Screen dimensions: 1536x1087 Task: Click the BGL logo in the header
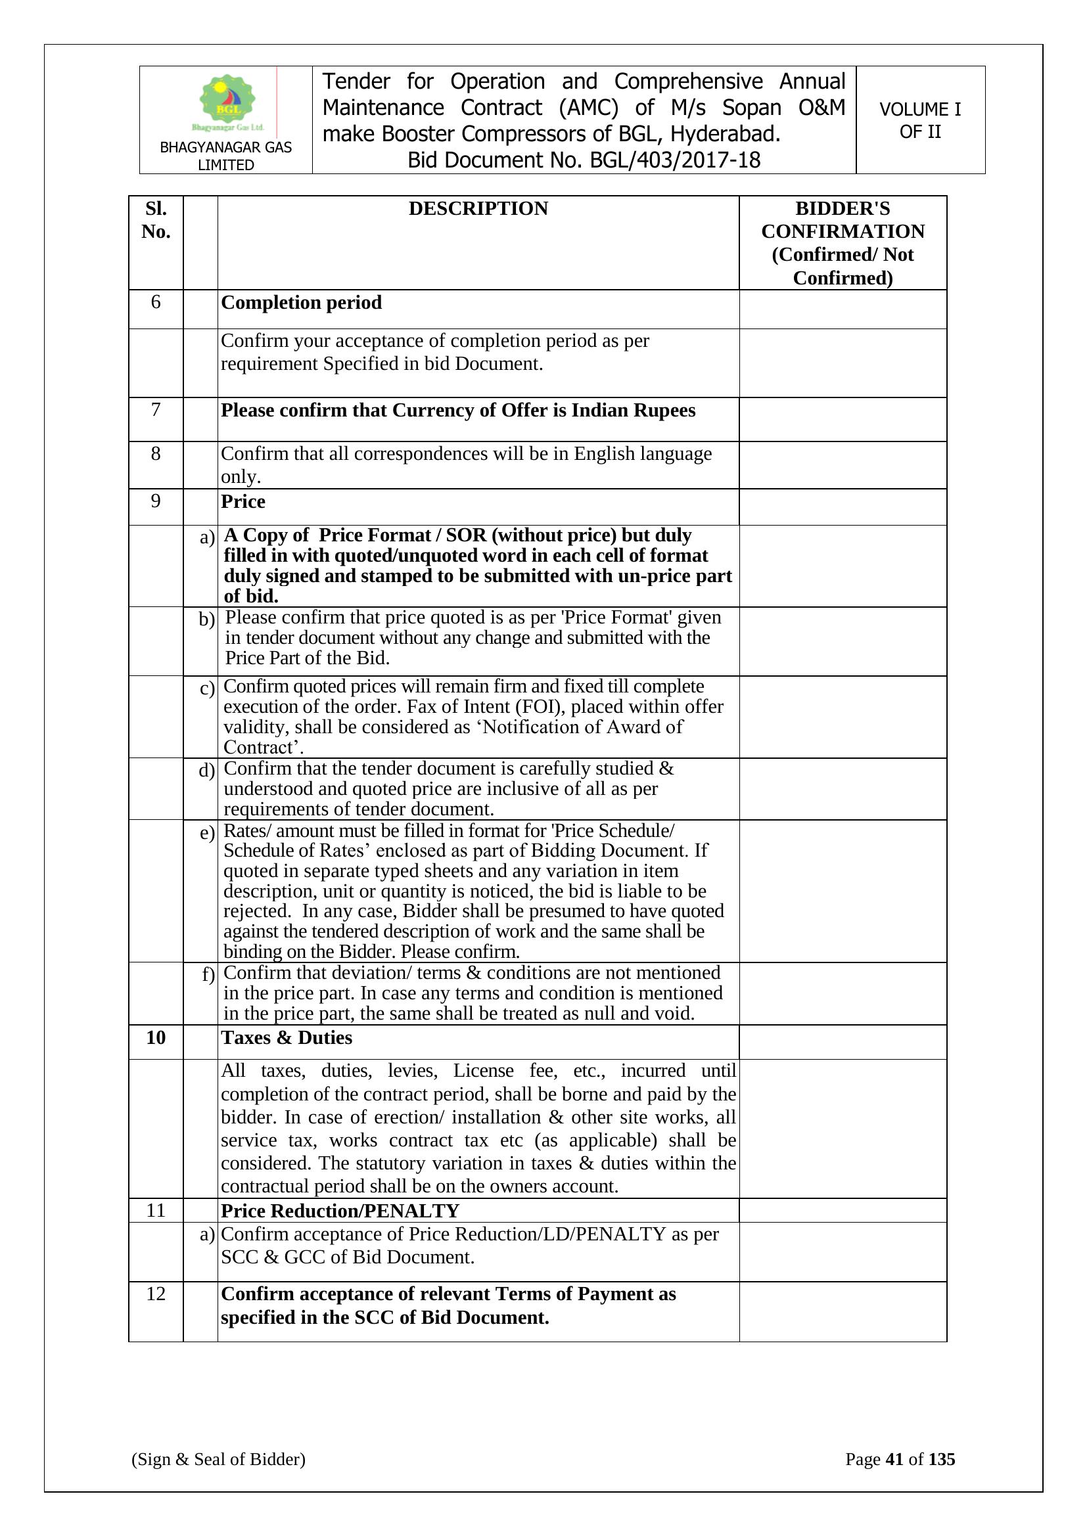(x=227, y=102)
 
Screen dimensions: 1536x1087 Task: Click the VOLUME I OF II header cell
(x=919, y=120)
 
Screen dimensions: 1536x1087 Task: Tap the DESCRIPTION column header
(x=478, y=209)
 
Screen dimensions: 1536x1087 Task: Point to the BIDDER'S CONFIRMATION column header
(x=842, y=243)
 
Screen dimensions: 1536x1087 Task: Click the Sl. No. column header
(x=156, y=220)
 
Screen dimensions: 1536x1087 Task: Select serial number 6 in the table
(x=156, y=302)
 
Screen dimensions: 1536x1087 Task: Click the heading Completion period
(x=301, y=303)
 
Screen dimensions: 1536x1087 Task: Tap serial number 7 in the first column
(x=156, y=409)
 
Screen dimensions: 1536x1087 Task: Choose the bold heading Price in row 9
(x=243, y=502)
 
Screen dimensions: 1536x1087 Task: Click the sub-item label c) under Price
(x=207, y=689)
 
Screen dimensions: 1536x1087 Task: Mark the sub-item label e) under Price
(x=207, y=833)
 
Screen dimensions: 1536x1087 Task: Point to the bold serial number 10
(x=156, y=1037)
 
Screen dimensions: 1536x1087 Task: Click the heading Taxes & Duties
(x=287, y=1037)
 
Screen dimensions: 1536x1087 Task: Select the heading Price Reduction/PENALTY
(x=340, y=1211)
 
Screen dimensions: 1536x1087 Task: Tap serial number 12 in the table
(x=156, y=1294)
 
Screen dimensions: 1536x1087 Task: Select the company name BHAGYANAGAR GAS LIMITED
(x=225, y=156)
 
